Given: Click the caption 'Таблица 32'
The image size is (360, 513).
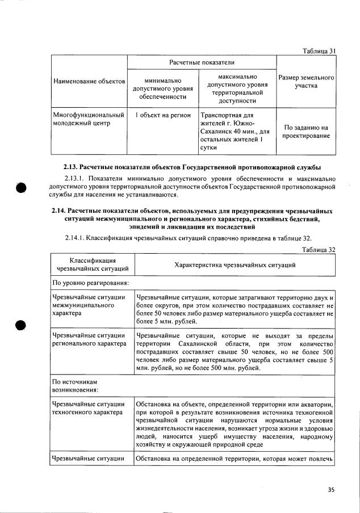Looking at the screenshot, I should (x=319, y=249).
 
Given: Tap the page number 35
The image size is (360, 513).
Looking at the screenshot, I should (x=331, y=490).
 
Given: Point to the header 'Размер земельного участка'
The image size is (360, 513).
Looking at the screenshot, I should (x=305, y=81).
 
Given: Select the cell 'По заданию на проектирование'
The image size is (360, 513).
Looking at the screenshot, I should (x=305, y=132).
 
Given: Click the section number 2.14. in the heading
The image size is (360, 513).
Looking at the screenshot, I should (x=61, y=211).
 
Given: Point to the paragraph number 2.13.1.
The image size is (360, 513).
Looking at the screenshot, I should (x=77, y=179).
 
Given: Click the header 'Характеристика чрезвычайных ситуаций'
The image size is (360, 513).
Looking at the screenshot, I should (x=234, y=265).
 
